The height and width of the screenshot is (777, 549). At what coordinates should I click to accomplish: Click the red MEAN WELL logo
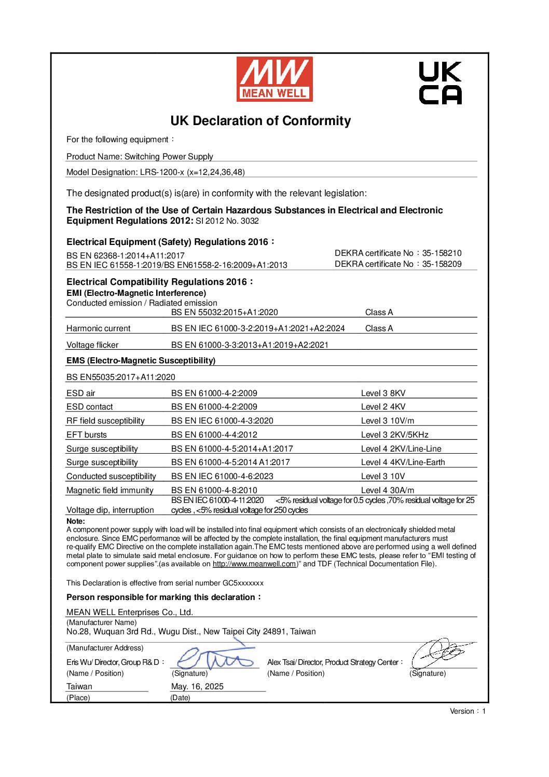point(274,79)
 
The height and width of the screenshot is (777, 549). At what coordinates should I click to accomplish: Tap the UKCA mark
point(440,83)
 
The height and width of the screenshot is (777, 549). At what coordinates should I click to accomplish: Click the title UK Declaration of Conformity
point(260,121)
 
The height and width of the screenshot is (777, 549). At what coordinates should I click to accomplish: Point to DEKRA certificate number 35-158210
point(442,253)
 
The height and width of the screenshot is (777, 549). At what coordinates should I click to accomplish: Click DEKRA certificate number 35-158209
point(442,264)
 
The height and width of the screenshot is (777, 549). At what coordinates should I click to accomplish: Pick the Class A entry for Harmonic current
point(379,329)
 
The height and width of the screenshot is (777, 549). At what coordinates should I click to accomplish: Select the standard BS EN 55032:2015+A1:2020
point(224,312)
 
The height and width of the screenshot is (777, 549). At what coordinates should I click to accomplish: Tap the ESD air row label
point(80,393)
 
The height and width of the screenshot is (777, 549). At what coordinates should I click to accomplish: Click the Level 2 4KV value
point(383,407)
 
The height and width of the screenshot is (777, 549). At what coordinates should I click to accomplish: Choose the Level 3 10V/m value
point(387,421)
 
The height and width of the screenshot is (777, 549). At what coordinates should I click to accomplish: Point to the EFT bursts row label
point(86,435)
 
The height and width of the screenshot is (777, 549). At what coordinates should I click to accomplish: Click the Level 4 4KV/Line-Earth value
point(403,462)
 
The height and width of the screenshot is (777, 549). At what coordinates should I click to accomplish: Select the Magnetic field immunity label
point(109,490)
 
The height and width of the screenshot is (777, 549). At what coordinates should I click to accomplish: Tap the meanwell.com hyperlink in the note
point(254,564)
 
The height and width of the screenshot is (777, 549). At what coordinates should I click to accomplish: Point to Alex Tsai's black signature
point(443,653)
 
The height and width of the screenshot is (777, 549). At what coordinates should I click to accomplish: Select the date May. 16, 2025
point(197,687)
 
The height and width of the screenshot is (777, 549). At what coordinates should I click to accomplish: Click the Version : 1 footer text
point(468,712)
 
